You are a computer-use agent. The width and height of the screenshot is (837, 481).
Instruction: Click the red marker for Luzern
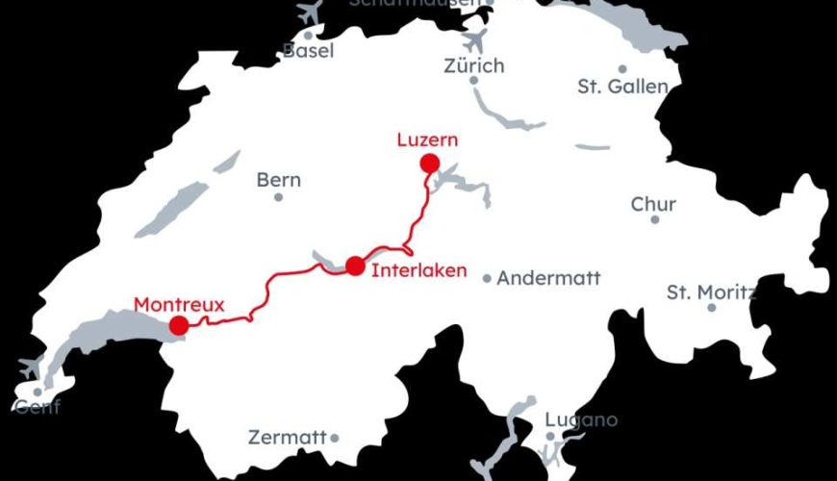[x=429, y=164]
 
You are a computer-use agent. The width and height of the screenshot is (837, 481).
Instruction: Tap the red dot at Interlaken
[x=356, y=266]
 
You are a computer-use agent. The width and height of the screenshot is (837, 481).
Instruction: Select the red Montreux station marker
[x=179, y=326]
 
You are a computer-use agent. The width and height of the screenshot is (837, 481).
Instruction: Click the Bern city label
[x=279, y=180]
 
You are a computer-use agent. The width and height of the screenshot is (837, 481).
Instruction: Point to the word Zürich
[x=474, y=66]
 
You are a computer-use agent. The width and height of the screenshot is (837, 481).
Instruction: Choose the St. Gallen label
[x=622, y=87]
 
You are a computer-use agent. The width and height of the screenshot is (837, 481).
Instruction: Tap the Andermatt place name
[x=548, y=278]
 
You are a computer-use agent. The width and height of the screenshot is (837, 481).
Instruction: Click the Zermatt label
[x=288, y=438]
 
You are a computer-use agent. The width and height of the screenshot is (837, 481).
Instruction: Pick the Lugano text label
[x=581, y=420]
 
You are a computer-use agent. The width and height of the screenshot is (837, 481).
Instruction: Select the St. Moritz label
[x=711, y=291]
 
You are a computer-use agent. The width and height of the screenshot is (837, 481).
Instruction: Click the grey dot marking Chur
[x=655, y=219]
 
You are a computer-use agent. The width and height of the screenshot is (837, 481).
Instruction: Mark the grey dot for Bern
[x=279, y=197]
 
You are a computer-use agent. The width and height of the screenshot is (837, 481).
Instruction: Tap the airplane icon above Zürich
[x=474, y=41]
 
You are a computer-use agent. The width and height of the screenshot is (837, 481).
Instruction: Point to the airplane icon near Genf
[x=31, y=367]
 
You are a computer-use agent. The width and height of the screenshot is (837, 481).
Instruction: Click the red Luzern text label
[x=427, y=140]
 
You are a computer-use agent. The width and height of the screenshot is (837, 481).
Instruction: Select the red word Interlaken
[x=418, y=270]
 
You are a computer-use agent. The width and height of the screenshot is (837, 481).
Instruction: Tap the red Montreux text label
[x=179, y=305]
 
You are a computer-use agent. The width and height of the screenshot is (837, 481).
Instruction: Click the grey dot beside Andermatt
[x=488, y=279]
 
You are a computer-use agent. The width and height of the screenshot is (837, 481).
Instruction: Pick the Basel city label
[x=308, y=51]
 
